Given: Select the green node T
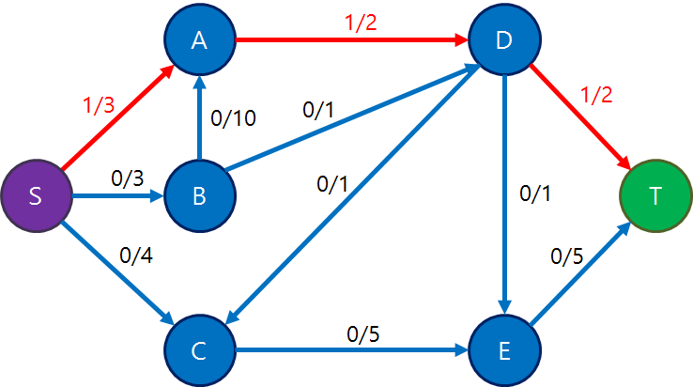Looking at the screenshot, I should (655, 196).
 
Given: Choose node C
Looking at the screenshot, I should (199, 351).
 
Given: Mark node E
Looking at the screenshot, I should (504, 351).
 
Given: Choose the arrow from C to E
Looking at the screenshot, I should (352, 351).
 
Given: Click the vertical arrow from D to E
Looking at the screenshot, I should (504, 196).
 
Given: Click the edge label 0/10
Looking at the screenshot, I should (234, 117).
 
